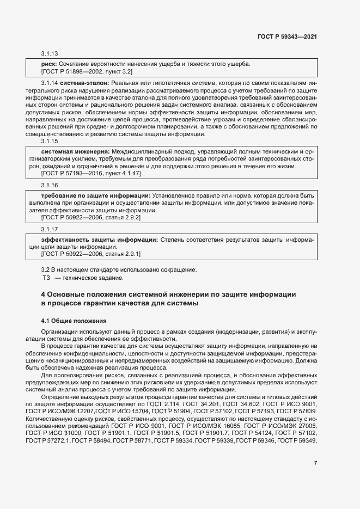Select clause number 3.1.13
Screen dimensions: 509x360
[x=50, y=54]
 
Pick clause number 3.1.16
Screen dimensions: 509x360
[x=50, y=186]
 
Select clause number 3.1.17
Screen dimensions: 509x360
[x=50, y=230]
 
